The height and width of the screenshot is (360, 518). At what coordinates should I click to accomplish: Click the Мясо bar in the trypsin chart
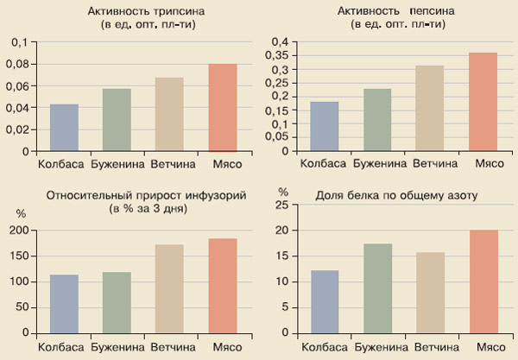223,108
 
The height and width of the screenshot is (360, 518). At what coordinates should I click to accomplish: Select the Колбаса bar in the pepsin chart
325,126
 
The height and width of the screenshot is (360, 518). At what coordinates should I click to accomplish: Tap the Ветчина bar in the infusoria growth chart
169,288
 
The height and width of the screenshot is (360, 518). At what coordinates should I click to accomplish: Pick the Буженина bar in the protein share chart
376,287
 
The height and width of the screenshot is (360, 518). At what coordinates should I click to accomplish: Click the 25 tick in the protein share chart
281,205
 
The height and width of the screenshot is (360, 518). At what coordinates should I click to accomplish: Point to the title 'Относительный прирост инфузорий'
129,195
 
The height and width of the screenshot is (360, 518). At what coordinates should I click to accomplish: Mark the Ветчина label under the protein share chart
433,346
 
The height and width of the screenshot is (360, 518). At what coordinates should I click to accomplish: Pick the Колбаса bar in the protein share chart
325,301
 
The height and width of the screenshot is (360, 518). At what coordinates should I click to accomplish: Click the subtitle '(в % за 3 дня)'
129,209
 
